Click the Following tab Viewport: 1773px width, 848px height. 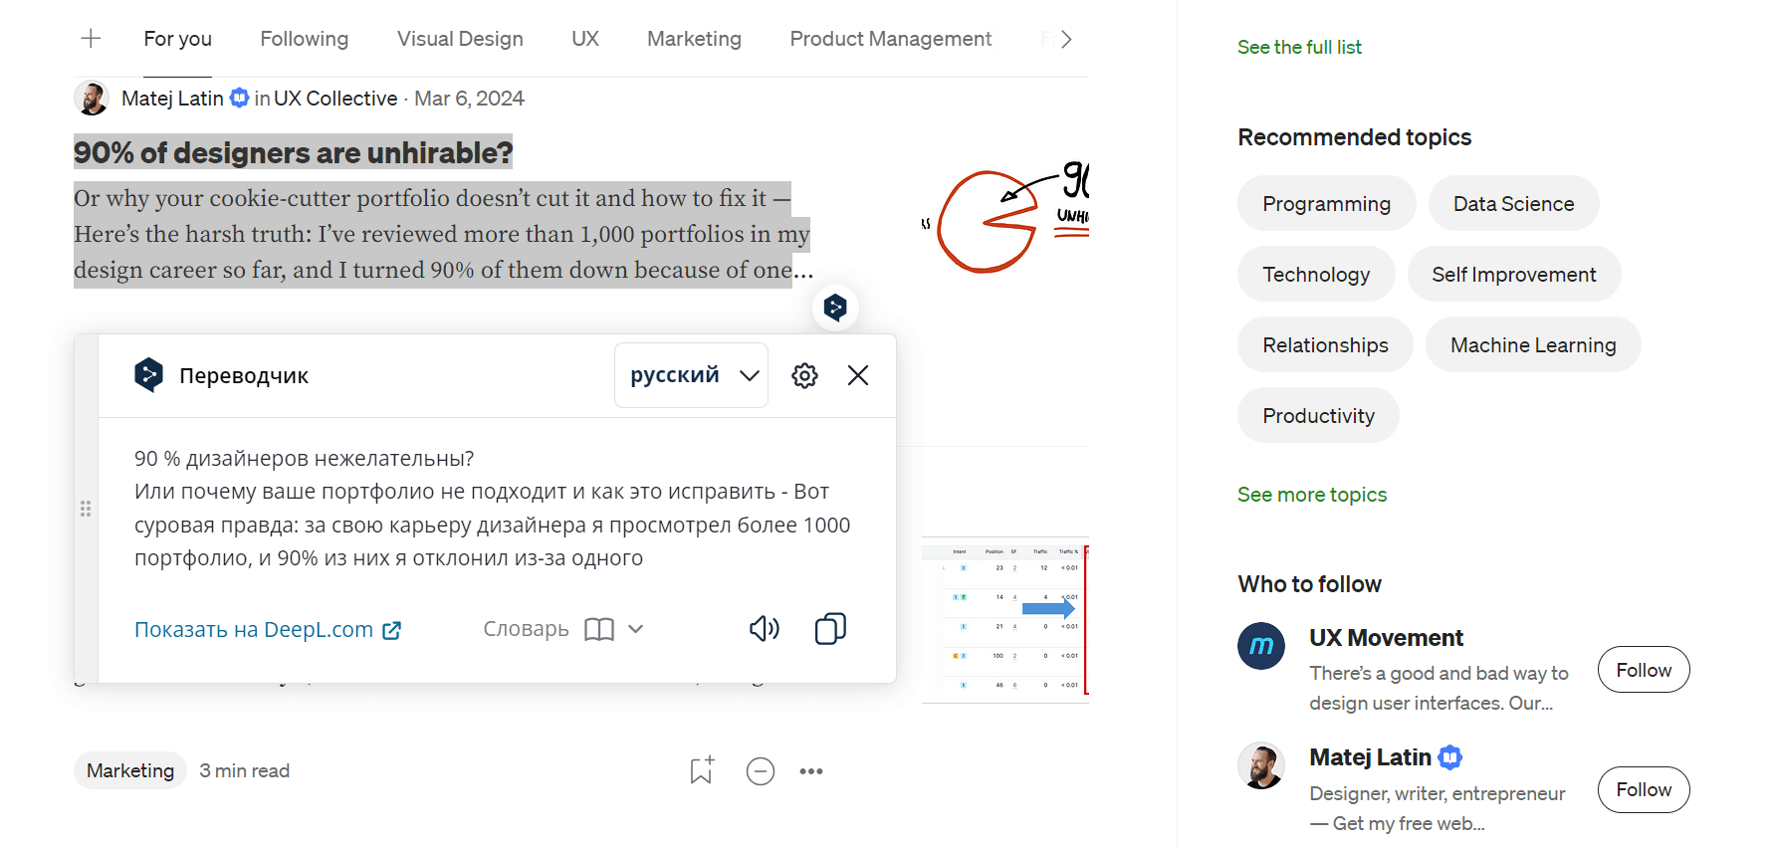(304, 39)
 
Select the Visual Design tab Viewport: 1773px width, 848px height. (460, 39)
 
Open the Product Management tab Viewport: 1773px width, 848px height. (890, 39)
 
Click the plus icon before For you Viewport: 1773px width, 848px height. (91, 39)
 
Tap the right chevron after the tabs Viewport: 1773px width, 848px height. (1066, 39)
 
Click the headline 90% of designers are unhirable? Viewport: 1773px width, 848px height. (293, 152)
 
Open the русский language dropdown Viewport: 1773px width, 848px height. (692, 375)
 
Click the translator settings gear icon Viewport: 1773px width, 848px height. (804, 375)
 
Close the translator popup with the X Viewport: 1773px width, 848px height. (858, 375)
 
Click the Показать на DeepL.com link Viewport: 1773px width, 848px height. (267, 630)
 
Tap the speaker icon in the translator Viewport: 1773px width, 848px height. (764, 629)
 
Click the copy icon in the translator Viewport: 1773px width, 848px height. (830, 629)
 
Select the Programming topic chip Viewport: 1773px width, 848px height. (1326, 204)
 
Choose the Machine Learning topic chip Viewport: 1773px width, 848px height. (1532, 345)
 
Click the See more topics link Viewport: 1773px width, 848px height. (1311, 495)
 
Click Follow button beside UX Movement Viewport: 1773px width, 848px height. (1643, 670)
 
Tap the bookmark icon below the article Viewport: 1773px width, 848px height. (702, 770)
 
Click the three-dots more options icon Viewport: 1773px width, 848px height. (811, 771)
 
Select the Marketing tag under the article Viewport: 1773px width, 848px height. (130, 771)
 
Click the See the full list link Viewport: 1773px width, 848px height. (1299, 47)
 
